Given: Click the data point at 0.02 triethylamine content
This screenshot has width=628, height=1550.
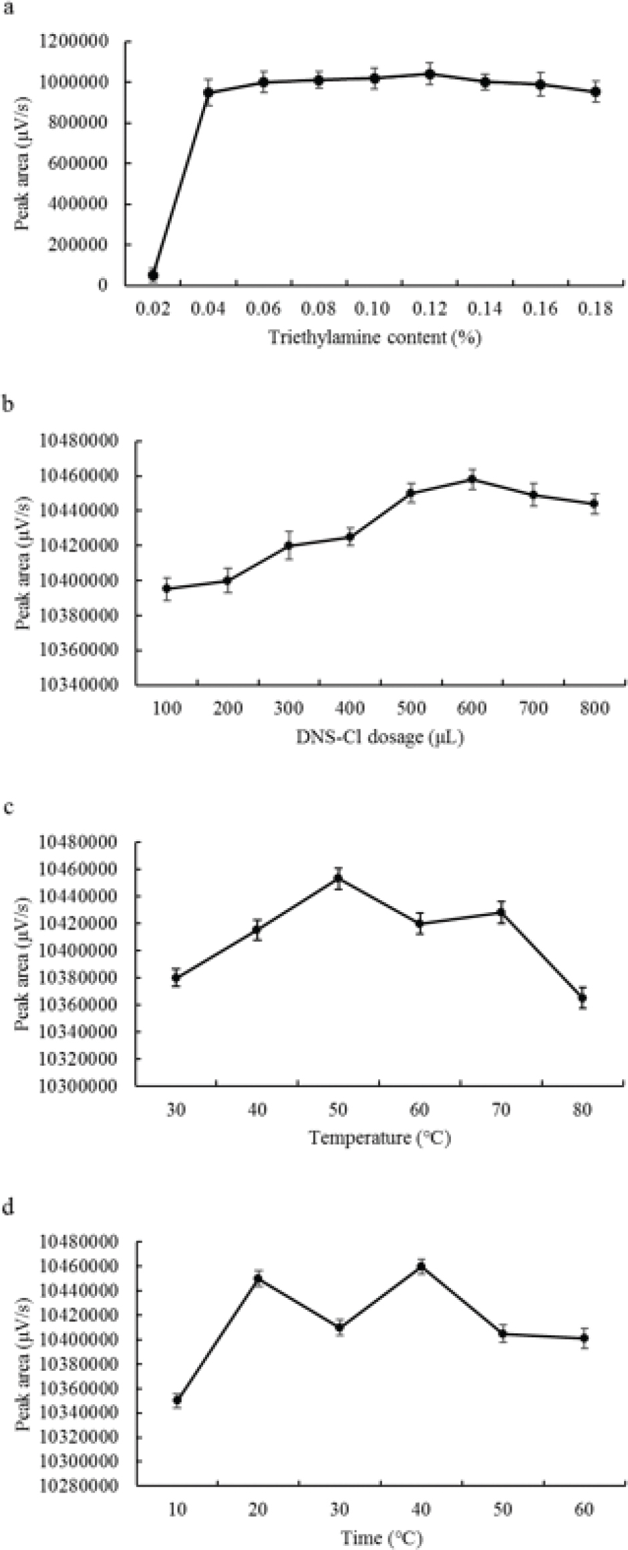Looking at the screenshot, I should [153, 275].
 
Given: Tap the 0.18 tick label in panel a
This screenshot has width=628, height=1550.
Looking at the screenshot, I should [595, 308].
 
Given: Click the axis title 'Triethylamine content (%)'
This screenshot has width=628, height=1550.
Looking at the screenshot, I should [375, 337].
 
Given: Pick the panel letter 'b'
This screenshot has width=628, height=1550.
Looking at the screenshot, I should [9, 405].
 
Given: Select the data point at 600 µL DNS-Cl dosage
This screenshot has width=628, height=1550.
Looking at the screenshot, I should [472, 479].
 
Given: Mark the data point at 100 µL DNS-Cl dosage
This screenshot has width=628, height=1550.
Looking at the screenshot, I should [167, 588].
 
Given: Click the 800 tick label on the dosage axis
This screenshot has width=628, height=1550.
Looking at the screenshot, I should [594, 708].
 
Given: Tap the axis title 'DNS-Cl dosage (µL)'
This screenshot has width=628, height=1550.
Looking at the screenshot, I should [380, 737].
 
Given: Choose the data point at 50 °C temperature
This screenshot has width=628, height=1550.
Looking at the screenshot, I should [339, 878].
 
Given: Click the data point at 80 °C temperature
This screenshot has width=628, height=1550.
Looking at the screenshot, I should [583, 998].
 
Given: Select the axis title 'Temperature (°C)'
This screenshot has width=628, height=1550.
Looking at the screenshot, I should [379, 1137].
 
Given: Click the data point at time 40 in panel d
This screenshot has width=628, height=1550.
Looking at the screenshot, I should [421, 1266].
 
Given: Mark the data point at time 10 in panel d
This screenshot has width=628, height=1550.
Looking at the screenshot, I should [177, 1400].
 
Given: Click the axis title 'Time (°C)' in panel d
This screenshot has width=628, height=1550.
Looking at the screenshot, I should [381, 1537].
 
